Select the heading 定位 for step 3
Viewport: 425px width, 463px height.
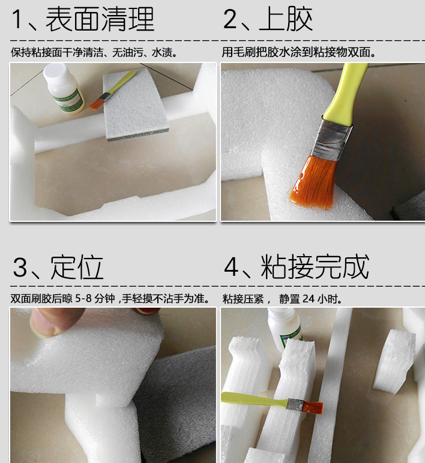[77, 267]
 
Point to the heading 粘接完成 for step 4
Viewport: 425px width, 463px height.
[315, 267]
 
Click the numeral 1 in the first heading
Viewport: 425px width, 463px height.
[18, 20]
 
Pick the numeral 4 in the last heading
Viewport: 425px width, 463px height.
[231, 268]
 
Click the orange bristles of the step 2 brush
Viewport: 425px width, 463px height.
[313, 182]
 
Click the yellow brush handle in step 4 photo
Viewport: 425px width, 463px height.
[252, 399]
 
